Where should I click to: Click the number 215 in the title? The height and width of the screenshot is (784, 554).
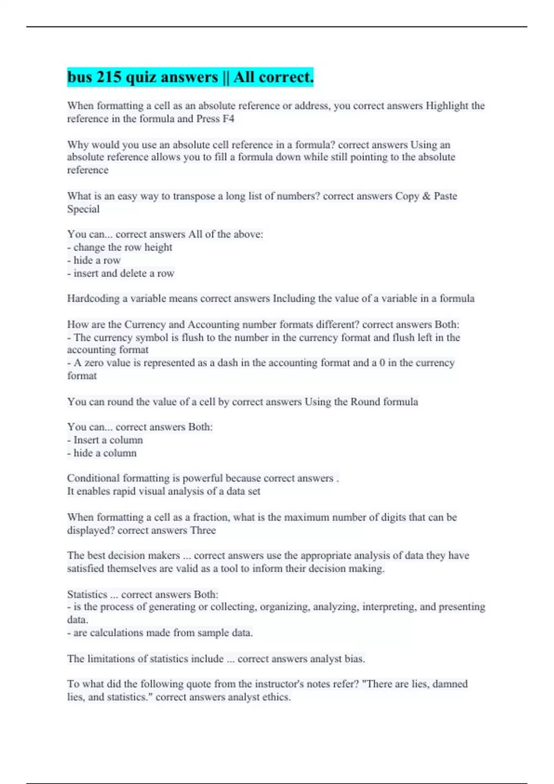[108, 77]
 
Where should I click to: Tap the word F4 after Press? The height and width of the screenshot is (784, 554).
[228, 119]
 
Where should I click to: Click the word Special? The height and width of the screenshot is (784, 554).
[83, 209]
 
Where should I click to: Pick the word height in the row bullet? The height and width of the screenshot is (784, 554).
[158, 248]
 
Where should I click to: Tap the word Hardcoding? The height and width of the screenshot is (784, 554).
[93, 299]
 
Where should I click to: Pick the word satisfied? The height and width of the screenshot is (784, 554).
[85, 569]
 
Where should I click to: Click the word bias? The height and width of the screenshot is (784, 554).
[354, 659]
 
